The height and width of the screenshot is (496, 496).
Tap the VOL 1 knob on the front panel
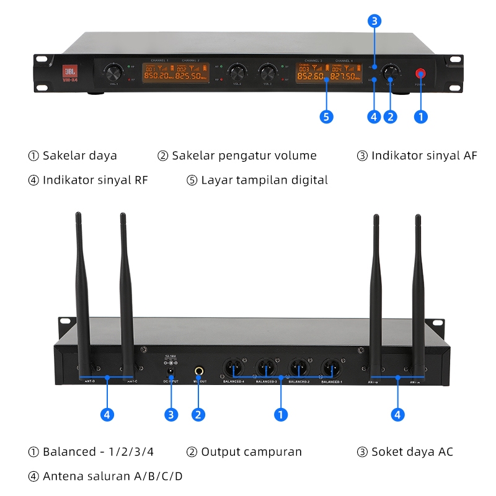(113, 70)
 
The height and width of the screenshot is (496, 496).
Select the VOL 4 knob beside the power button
(390, 72)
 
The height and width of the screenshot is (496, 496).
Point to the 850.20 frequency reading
(158, 76)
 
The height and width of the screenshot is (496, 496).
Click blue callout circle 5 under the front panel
(326, 116)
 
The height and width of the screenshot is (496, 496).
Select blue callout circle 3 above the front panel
(374, 21)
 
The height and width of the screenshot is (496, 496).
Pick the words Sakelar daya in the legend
(79, 156)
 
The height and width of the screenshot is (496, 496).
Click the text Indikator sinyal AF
(424, 156)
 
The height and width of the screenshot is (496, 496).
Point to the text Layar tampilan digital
(264, 180)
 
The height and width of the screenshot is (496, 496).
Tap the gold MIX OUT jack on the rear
(199, 371)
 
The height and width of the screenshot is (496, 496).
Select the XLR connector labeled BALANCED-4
(232, 368)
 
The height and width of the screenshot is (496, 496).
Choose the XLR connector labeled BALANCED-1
(330, 368)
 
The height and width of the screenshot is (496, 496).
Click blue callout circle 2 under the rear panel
(199, 415)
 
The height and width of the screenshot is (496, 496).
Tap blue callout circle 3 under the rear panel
(170, 415)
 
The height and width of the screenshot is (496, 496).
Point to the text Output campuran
(251, 451)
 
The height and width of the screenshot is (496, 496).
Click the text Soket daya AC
(412, 451)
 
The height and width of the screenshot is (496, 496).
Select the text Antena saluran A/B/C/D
(112, 476)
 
